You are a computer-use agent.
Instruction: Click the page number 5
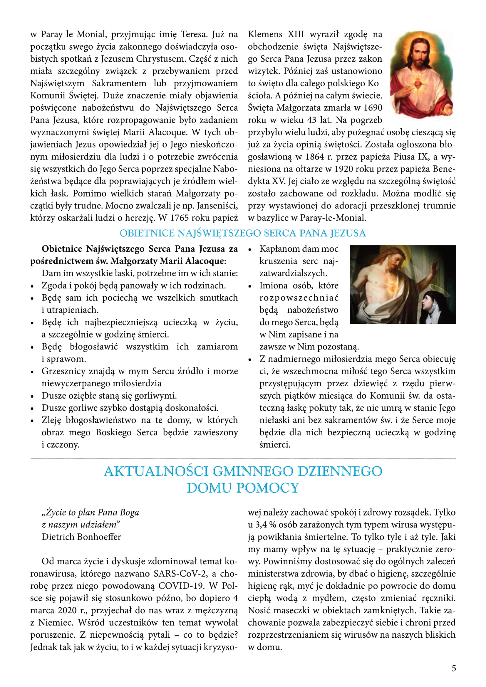click(x=454, y=668)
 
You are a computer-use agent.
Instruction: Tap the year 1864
click(x=315, y=157)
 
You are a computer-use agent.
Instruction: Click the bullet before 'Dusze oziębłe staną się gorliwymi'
click(x=32, y=396)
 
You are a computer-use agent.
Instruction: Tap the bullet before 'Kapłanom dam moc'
click(x=250, y=249)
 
